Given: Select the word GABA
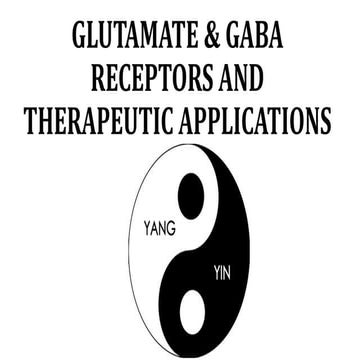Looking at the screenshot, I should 260,37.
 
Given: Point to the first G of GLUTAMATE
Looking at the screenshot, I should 79,37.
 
